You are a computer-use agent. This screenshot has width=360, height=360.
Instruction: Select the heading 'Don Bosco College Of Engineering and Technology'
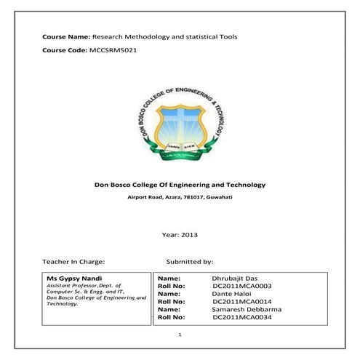click(x=180, y=185)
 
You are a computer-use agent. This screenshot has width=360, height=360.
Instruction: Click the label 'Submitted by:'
click(x=189, y=260)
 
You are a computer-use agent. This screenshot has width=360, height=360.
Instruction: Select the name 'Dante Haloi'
click(x=231, y=294)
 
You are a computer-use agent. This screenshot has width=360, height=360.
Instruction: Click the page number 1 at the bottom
click(x=180, y=335)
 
